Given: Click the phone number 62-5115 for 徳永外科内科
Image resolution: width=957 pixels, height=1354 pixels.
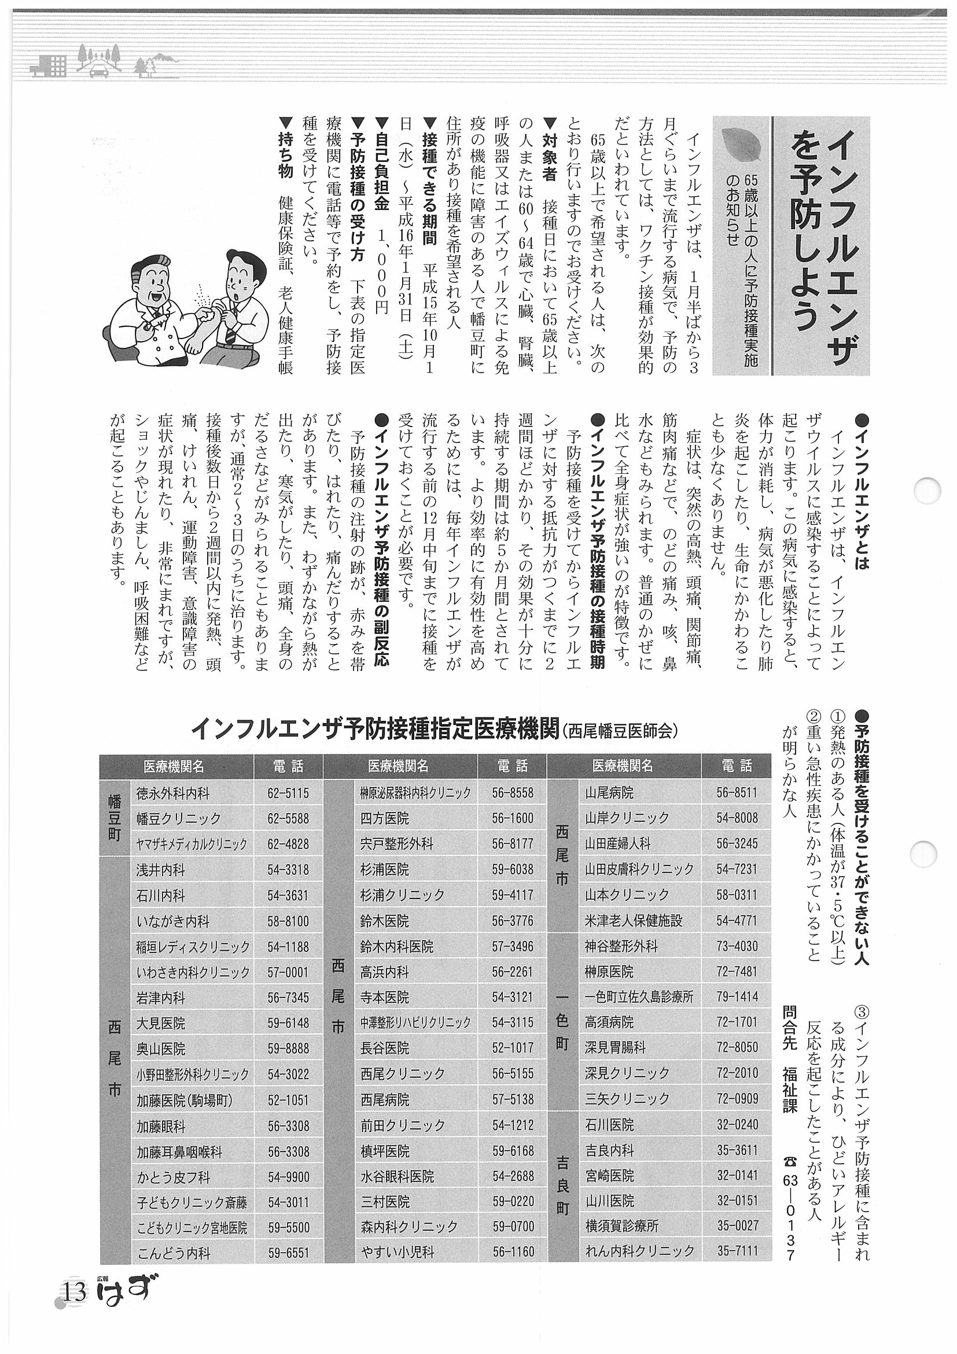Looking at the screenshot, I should [288, 793].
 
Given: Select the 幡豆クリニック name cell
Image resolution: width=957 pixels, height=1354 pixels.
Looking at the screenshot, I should [178, 819].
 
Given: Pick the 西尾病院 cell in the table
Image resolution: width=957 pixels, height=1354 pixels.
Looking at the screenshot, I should [384, 1100].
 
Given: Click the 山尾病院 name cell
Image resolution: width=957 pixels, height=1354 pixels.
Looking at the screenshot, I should [609, 793].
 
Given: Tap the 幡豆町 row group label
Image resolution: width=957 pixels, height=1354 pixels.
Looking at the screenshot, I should [115, 819].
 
